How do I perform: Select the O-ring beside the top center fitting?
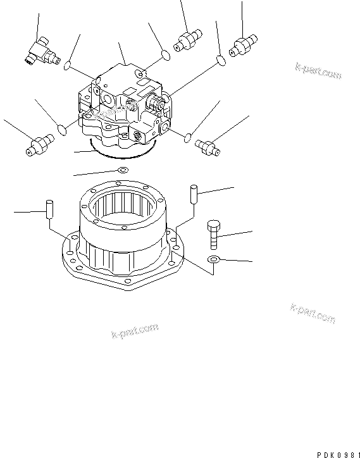(x=164, y=56)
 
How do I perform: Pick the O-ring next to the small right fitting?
(x=189, y=136)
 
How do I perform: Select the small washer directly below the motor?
(x=122, y=170)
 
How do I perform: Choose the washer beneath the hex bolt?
(x=214, y=259)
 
